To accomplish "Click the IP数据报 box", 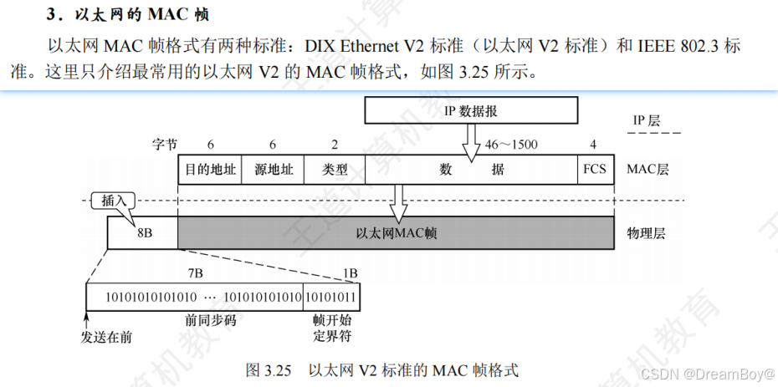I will [x=470, y=109].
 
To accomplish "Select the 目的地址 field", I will [x=209, y=169].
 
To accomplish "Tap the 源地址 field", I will [x=273, y=169].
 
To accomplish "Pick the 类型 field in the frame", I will [x=335, y=169].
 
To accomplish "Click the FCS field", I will [x=594, y=169].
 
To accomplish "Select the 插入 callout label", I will [x=114, y=201].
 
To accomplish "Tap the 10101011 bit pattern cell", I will [x=331, y=298].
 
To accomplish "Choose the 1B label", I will [x=350, y=272].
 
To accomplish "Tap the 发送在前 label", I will [x=107, y=337].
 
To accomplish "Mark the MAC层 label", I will [x=648, y=169].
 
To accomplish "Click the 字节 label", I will [x=165, y=144].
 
